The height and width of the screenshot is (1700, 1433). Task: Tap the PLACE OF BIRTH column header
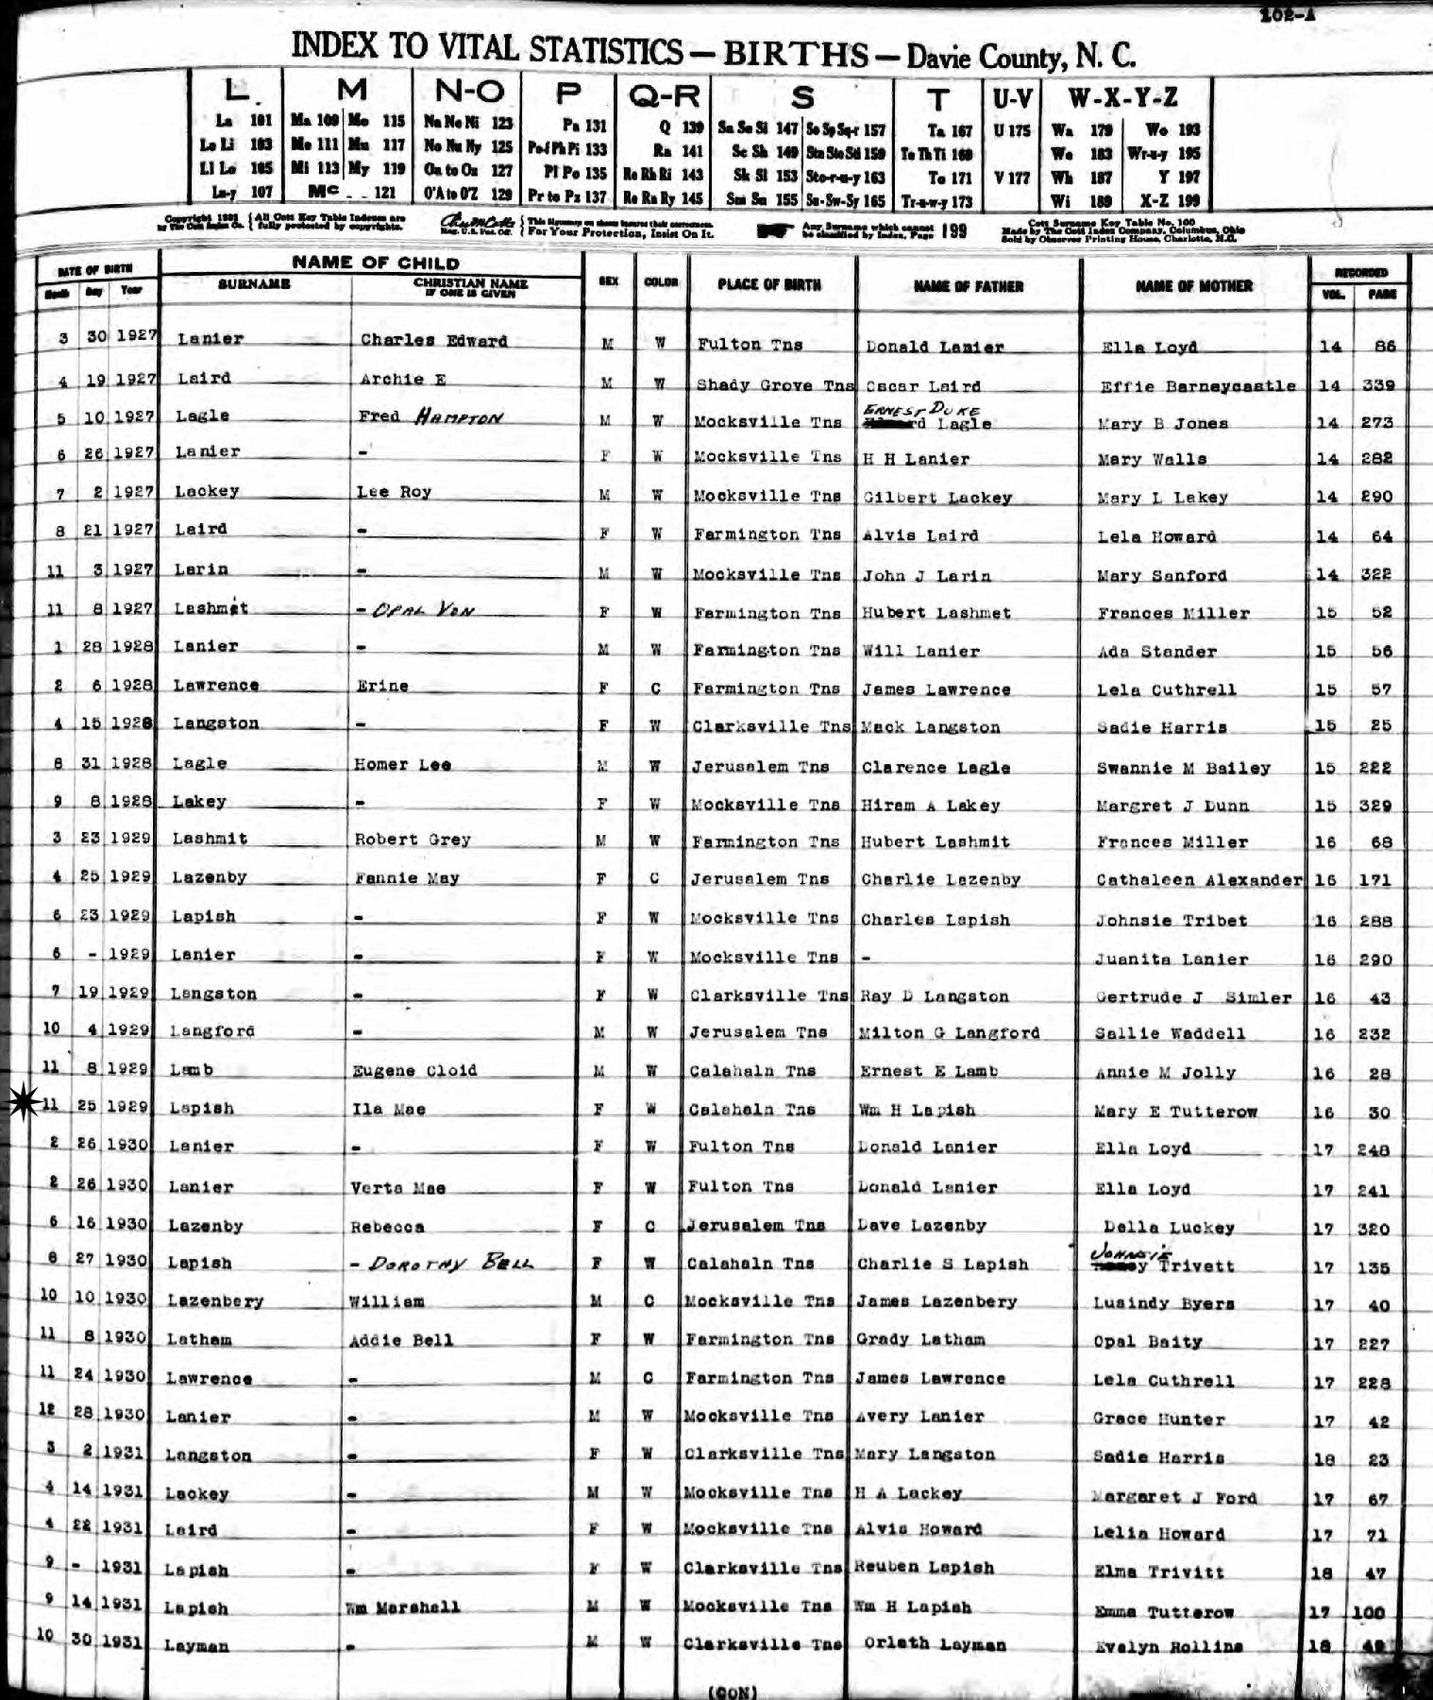pyautogui.click(x=768, y=285)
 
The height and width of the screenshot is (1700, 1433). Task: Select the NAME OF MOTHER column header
pyautogui.click(x=1193, y=285)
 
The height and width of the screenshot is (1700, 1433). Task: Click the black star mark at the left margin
pyautogui.click(x=21, y=1104)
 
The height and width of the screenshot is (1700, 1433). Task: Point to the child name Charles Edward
pyautogui.click(x=433, y=341)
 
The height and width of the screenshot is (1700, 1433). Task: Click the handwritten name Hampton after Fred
pyautogui.click(x=456, y=416)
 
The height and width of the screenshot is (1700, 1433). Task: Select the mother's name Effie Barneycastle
pyautogui.click(x=1198, y=385)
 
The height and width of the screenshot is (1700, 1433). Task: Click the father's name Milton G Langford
pyautogui.click(x=950, y=1033)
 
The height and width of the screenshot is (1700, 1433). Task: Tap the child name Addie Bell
pyautogui.click(x=401, y=1340)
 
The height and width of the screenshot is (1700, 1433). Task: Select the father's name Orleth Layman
pyautogui.click(x=933, y=1644)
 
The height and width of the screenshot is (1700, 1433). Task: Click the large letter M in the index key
pyautogui.click(x=351, y=91)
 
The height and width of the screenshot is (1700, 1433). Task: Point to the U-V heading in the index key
pyautogui.click(x=1011, y=96)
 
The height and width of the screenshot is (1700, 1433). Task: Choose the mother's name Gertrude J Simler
pyautogui.click(x=1193, y=997)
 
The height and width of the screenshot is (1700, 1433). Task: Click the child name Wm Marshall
pyautogui.click(x=407, y=1606)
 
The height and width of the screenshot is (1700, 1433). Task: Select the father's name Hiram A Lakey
pyautogui.click(x=930, y=806)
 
